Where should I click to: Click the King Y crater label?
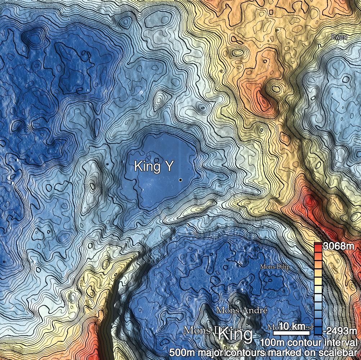pos(154,166)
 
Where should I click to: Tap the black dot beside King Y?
pos(180,179)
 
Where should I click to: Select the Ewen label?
pos(339,37)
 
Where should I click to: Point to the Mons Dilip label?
pos(275,267)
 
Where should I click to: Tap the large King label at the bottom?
pos(235,334)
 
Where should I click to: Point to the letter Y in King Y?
pos(168,166)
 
